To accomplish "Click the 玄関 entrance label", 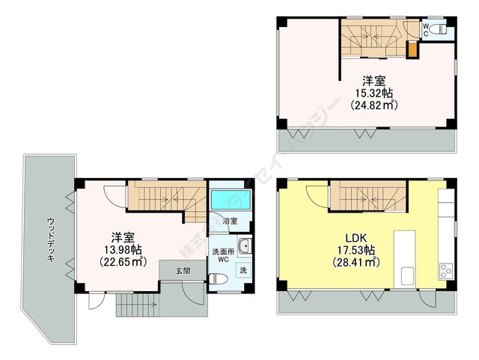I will pos(183,269).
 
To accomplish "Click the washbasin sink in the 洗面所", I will pos(245,249).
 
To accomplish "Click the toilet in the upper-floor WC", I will pos(442,30).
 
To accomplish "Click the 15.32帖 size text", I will pos(374,93).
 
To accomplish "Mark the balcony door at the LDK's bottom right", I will pos(429,297).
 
